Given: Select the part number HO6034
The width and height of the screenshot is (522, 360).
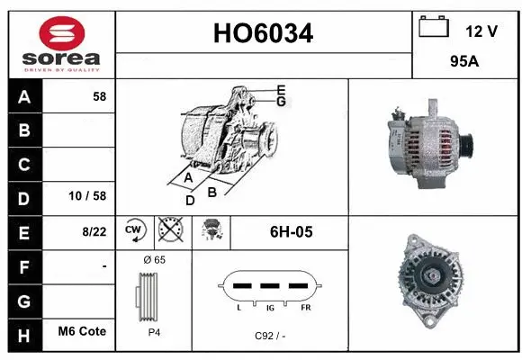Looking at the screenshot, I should [x=263, y=33].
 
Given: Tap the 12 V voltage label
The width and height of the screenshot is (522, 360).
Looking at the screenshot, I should [x=481, y=31].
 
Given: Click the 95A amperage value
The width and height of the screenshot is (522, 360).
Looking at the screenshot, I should [x=464, y=64].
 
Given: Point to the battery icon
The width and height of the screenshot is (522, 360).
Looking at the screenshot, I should [x=434, y=28].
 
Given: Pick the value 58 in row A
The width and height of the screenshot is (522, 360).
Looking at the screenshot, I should [x=99, y=96].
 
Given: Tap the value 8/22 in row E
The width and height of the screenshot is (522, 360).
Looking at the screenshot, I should [x=93, y=232].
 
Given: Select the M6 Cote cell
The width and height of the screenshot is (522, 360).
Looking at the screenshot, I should [x=82, y=332].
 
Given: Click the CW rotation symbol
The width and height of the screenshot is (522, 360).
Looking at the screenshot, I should [x=135, y=232].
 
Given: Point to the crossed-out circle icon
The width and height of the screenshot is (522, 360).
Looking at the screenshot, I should [x=169, y=232].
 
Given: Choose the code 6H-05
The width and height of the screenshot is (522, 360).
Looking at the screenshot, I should [x=291, y=232].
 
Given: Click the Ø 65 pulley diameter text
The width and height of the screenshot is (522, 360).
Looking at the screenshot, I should [x=154, y=260].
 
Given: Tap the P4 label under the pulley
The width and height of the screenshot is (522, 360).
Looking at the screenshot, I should [x=153, y=332].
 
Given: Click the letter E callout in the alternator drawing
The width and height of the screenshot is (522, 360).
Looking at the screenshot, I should [x=282, y=90].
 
